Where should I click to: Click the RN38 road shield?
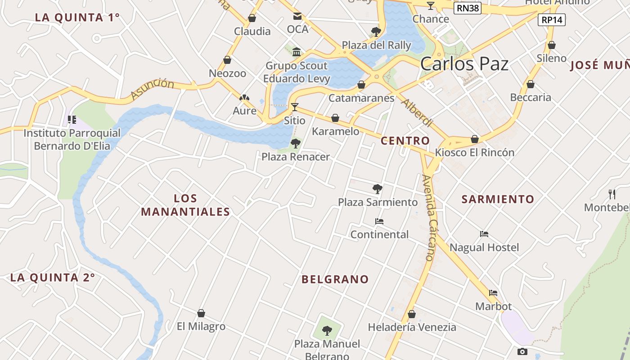pyautogui.click(x=467, y=8)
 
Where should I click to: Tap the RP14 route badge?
pyautogui.click(x=551, y=20)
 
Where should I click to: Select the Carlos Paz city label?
pyautogui.click(x=464, y=64)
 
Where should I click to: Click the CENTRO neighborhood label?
pyautogui.click(x=405, y=141)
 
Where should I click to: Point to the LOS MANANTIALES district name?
pyautogui.click(x=185, y=205)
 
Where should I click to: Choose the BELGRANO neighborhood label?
pyautogui.click(x=335, y=279)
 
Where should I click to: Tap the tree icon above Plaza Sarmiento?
pyautogui.click(x=378, y=189)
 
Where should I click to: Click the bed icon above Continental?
pyautogui.click(x=379, y=221)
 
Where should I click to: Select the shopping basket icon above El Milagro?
pyautogui.click(x=201, y=313)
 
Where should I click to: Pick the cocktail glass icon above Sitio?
pyautogui.click(x=295, y=107)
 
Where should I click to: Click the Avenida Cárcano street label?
pyautogui.click(x=430, y=218)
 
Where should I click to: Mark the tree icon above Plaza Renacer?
pyautogui.click(x=296, y=144)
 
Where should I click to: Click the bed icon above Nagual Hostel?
pyautogui.click(x=484, y=234)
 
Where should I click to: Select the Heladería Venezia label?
pyautogui.click(x=412, y=327)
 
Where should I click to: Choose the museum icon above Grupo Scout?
pyautogui.click(x=297, y=52)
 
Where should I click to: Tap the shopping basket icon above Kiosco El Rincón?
pyautogui.click(x=475, y=139)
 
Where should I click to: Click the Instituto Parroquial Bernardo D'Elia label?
pyautogui.click(x=72, y=139)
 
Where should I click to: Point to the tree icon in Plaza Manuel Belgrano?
pyautogui.click(x=327, y=331)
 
